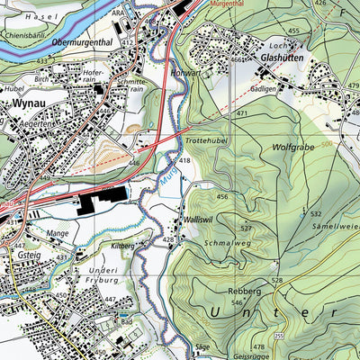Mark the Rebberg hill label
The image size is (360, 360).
(x=244, y=292)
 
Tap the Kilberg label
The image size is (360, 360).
(x=121, y=244)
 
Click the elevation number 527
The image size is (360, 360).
(x=246, y=229)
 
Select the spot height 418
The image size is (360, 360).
(x=184, y=159)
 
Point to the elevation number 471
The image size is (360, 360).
(x=241, y=115)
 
